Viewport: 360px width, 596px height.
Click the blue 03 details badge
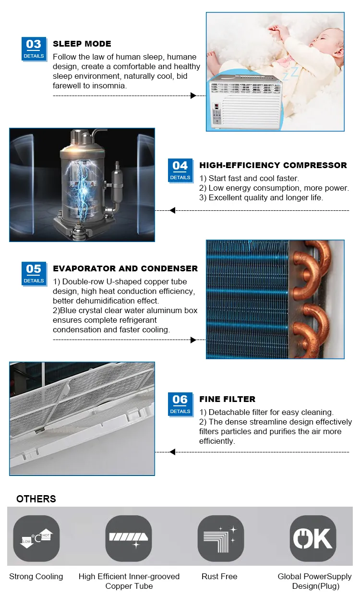coord(34,49)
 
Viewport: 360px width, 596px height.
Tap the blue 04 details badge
coord(180,170)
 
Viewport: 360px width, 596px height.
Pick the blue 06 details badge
coord(180,404)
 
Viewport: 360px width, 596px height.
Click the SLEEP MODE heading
coord(82,44)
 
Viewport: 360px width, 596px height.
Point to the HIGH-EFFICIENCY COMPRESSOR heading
coord(273,165)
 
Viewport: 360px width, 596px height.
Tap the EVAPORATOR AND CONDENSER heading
coord(125,268)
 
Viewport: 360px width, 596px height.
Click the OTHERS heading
coord(36,499)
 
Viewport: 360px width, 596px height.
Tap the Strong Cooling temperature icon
coord(36,538)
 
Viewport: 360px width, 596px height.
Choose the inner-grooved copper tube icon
coord(129,538)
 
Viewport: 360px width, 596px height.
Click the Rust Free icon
coord(221,538)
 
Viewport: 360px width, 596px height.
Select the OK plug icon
coord(313,538)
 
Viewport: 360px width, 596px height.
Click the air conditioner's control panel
coord(218,113)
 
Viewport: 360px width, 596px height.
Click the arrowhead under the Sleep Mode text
coord(193,96)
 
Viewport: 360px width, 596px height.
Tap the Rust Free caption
coord(219,576)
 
